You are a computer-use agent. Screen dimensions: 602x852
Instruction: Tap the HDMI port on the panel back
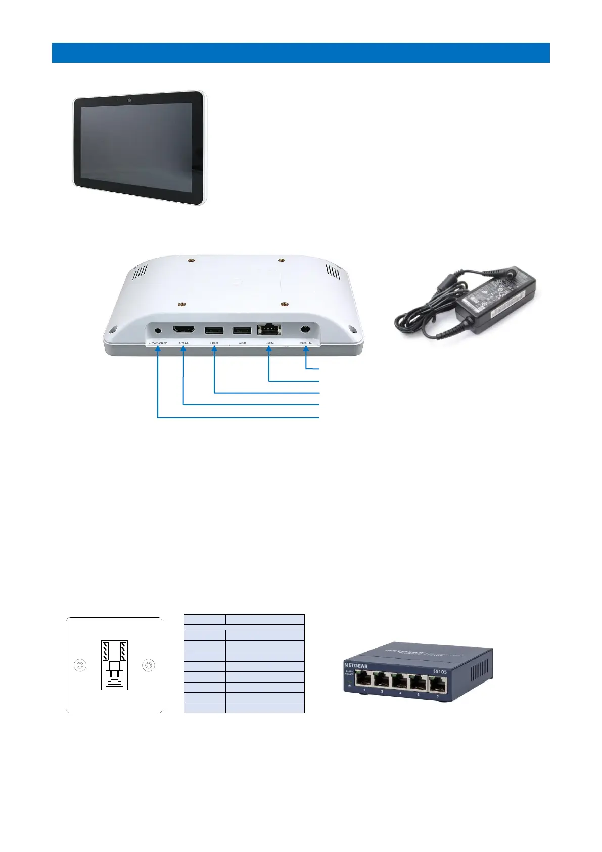(184, 330)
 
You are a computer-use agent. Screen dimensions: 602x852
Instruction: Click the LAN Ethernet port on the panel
(269, 330)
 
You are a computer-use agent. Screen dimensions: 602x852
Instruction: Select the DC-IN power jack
(305, 329)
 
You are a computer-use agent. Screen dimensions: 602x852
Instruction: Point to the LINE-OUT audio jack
(158, 330)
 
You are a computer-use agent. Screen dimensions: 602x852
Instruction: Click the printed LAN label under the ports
(269, 343)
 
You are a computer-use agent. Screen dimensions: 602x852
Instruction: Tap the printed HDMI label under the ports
(184, 343)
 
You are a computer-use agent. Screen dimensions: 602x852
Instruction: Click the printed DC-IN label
(306, 343)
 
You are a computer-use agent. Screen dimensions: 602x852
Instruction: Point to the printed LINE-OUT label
(158, 343)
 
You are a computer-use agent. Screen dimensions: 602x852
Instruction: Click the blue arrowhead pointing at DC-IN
(306, 349)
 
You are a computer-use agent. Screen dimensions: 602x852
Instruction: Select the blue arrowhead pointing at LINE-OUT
(158, 349)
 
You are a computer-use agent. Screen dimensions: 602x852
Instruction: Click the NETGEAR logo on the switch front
(356, 665)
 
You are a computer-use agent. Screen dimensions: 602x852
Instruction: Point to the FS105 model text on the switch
(440, 672)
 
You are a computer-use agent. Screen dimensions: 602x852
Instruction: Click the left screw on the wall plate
(80, 665)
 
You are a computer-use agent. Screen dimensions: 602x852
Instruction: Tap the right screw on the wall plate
(149, 665)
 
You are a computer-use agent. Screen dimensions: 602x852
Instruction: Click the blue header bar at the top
(301, 53)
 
